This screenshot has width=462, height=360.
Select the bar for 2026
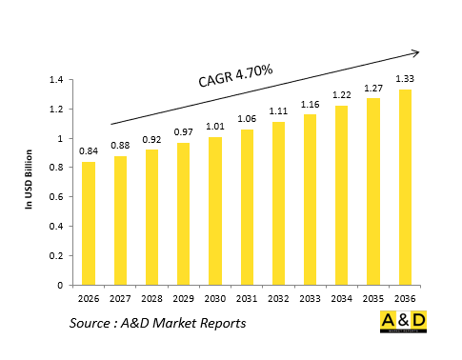click(x=89, y=224)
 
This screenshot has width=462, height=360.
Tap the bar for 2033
click(x=309, y=200)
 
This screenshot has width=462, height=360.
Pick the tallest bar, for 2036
click(x=404, y=188)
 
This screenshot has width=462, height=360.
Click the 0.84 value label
click(x=89, y=150)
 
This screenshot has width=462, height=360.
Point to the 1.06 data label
click(x=246, y=119)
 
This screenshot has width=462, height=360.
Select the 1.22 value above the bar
click(x=340, y=95)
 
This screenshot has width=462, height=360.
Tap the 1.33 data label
click(x=404, y=79)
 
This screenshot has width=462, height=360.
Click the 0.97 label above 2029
click(x=183, y=131)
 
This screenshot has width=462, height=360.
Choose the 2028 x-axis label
click(x=151, y=298)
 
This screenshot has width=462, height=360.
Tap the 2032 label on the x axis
click(x=277, y=298)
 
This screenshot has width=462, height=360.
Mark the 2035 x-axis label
click(x=372, y=298)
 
